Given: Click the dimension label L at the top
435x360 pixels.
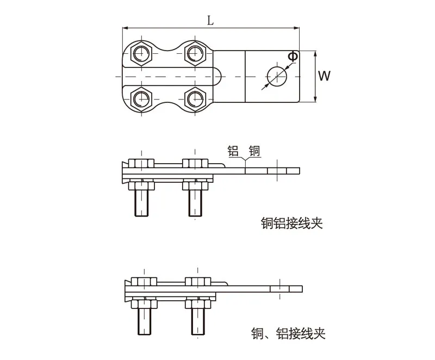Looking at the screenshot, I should (210, 20).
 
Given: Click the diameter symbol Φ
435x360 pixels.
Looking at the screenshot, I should (293, 55).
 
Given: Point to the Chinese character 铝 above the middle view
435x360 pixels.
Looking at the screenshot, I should (234, 151).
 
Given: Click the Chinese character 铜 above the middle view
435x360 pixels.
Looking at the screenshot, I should (254, 151).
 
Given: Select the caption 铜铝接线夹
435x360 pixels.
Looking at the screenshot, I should (291, 224).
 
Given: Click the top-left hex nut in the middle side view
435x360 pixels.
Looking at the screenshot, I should (141, 163).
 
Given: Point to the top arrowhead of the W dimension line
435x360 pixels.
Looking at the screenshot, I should (315, 52).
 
